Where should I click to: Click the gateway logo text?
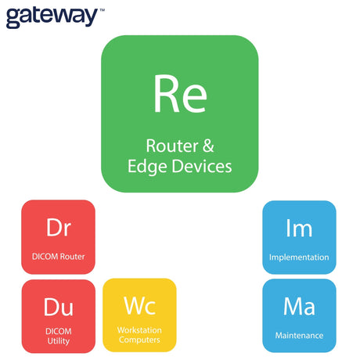[x=52, y=17]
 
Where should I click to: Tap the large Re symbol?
[x=180, y=94]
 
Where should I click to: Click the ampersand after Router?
[x=208, y=146]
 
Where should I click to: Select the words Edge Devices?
[x=180, y=166]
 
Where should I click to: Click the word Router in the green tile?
[x=172, y=146]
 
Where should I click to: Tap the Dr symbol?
[x=59, y=228]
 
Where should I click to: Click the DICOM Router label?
[x=59, y=257]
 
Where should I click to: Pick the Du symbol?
[x=59, y=307]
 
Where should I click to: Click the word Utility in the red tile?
[x=59, y=340]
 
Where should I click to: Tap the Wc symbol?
[x=140, y=306]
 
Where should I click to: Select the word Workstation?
[x=139, y=330]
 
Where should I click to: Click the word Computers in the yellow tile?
[x=139, y=340]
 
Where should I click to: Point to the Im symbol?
[x=299, y=228]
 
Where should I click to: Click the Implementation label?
[x=299, y=257]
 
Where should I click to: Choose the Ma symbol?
[x=299, y=306]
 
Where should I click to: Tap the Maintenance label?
[x=299, y=335]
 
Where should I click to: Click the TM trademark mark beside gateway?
[x=102, y=10]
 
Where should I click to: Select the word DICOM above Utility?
[x=59, y=331]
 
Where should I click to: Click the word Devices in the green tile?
[x=202, y=166]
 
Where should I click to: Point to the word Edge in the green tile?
[x=147, y=167]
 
